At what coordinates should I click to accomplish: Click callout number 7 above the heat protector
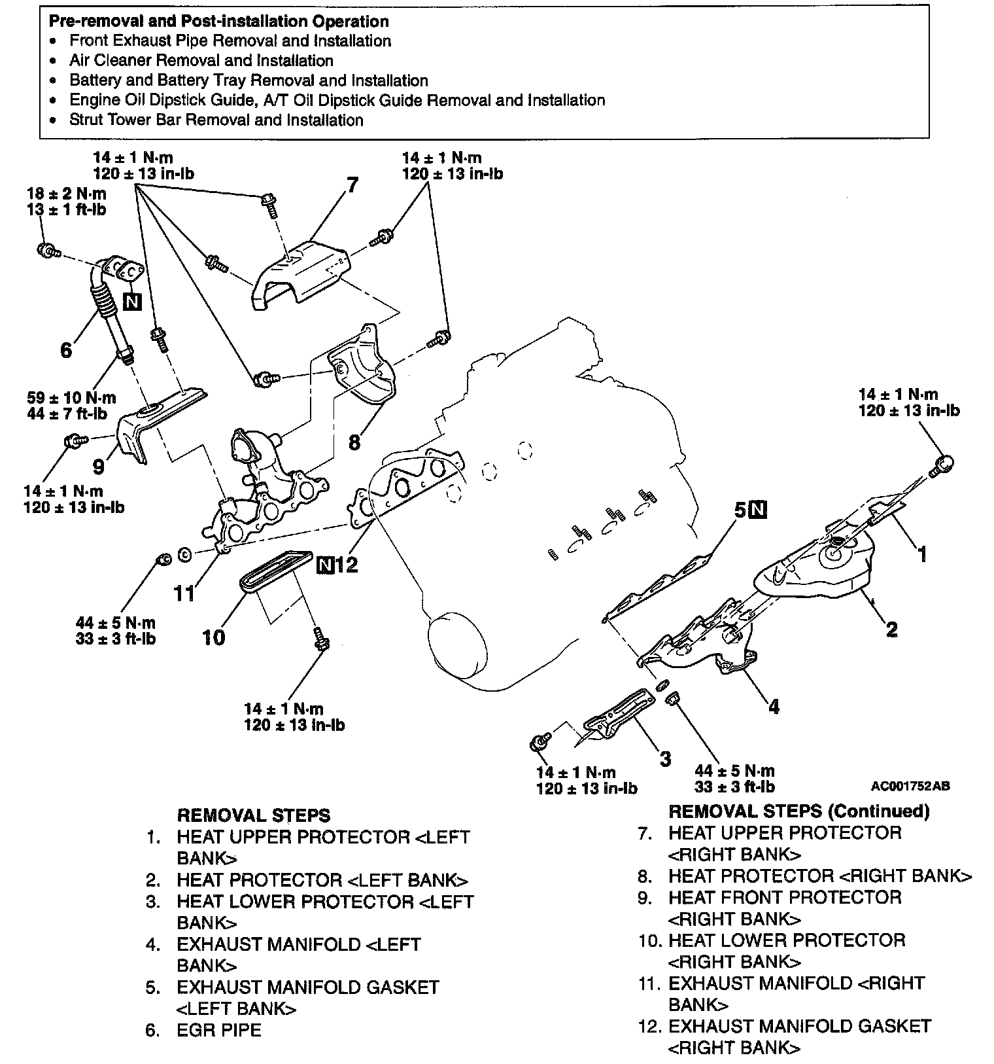tap(352, 186)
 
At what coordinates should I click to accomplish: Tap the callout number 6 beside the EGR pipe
tap(66, 351)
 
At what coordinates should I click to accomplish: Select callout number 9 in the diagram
tap(99, 467)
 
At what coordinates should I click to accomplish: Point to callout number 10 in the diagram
tap(213, 637)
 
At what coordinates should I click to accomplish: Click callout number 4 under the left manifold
tap(774, 707)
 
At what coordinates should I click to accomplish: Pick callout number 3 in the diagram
tap(665, 759)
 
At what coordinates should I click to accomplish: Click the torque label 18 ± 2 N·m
tap(66, 194)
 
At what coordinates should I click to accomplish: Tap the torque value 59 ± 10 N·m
tap(72, 397)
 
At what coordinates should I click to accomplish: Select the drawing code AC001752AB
tap(910, 786)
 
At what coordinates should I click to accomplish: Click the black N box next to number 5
tap(758, 509)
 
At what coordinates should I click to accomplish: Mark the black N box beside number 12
tap(325, 564)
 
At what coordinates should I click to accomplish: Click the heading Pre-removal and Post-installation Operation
tap(219, 22)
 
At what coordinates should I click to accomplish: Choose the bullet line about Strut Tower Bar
tap(216, 120)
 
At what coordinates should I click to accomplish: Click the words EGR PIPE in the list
tap(219, 1030)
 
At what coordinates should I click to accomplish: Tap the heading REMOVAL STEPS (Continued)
tap(798, 811)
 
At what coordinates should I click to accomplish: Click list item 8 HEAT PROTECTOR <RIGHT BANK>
tap(820, 876)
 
